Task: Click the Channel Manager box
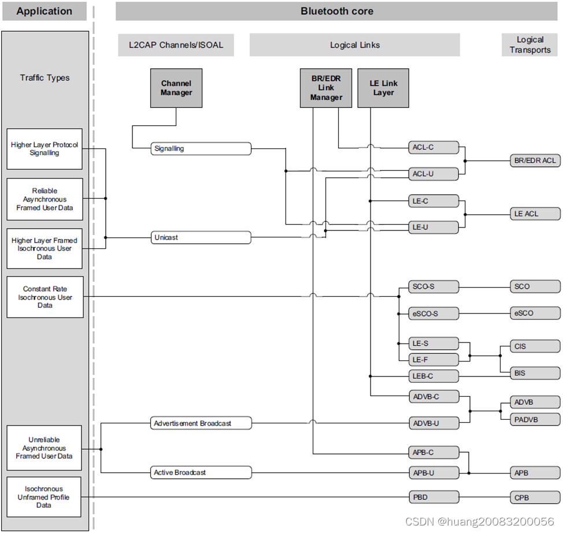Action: click(x=176, y=88)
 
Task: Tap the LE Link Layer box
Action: click(x=383, y=88)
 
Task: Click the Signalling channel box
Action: click(x=201, y=148)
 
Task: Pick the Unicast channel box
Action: click(x=201, y=237)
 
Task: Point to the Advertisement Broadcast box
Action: click(x=201, y=423)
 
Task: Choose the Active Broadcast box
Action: click(x=201, y=472)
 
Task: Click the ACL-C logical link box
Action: click(x=433, y=147)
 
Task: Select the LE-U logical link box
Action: click(x=433, y=227)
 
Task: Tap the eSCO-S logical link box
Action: click(x=433, y=314)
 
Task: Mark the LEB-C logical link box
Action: click(x=433, y=376)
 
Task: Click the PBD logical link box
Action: click(x=433, y=497)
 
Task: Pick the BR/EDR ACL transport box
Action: click(x=535, y=161)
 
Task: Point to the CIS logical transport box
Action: click(x=535, y=346)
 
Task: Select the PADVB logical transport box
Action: click(x=535, y=420)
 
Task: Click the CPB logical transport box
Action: click(x=535, y=497)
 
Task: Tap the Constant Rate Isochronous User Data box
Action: click(x=45, y=297)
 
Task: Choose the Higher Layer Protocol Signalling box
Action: click(x=45, y=149)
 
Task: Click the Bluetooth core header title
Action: click(x=336, y=11)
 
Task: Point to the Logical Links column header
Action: click(x=354, y=44)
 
